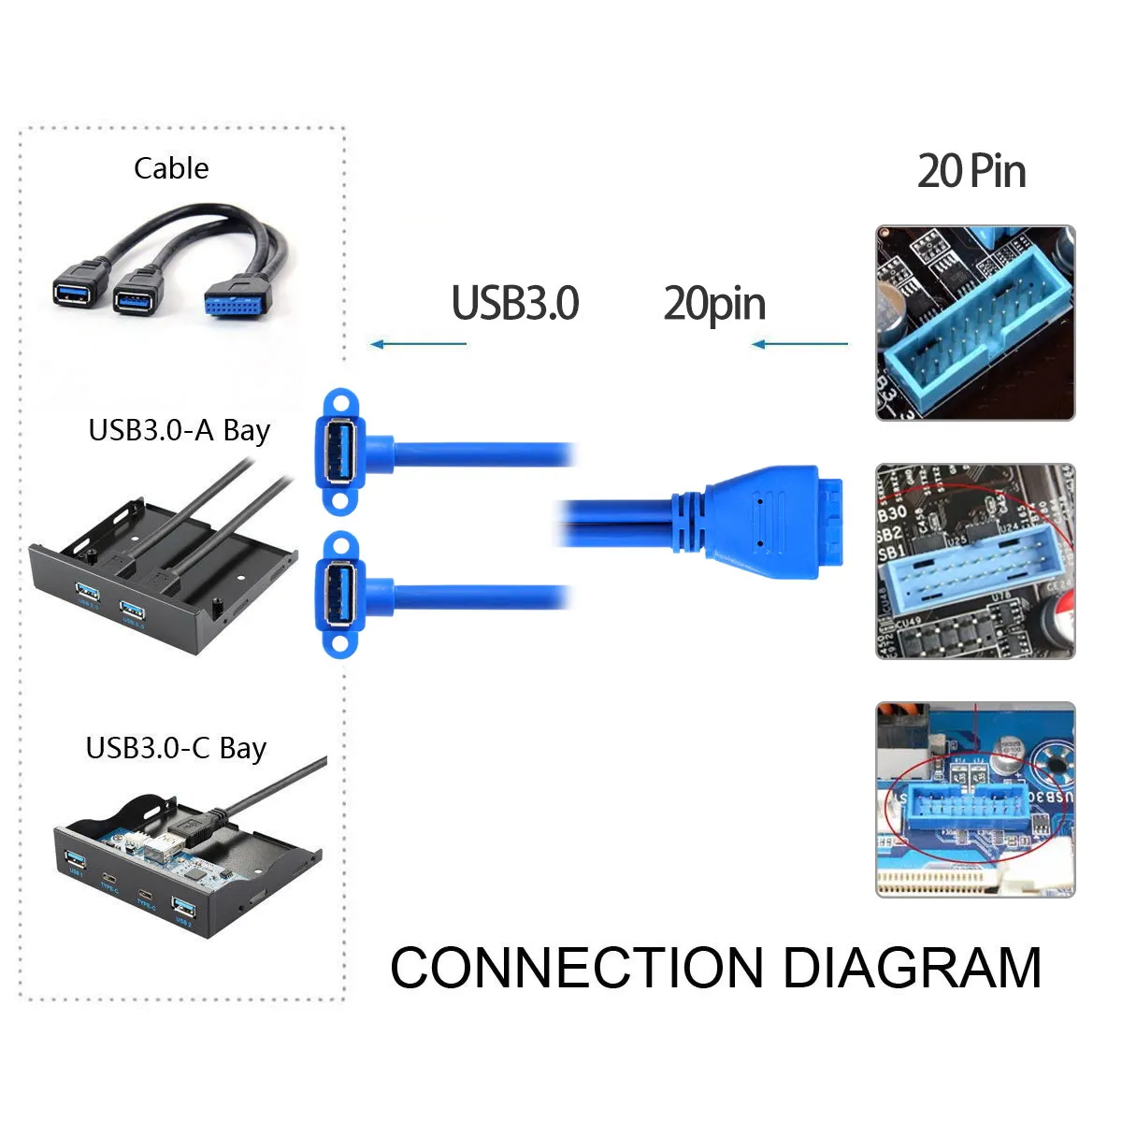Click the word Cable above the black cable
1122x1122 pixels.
coord(171,168)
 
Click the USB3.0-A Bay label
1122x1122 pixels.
coord(179,430)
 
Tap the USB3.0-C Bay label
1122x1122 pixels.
coord(176,748)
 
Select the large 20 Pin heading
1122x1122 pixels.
coord(971,171)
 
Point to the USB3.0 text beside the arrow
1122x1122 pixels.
coord(515,303)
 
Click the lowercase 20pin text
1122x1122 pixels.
coord(714,304)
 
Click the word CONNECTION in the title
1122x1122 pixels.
coord(577,968)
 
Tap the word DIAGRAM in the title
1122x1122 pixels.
coord(912,968)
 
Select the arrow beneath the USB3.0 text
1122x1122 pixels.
coord(418,344)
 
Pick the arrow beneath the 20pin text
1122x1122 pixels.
coord(799,344)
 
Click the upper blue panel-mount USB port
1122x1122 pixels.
coord(340,452)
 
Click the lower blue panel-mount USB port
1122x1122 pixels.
coord(340,593)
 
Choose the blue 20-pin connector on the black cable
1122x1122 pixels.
coord(237,298)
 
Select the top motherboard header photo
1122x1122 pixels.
coord(975,323)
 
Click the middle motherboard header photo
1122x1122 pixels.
coord(975,561)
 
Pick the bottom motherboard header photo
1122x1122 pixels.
coord(975,800)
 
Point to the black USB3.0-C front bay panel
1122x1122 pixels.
coord(187,870)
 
